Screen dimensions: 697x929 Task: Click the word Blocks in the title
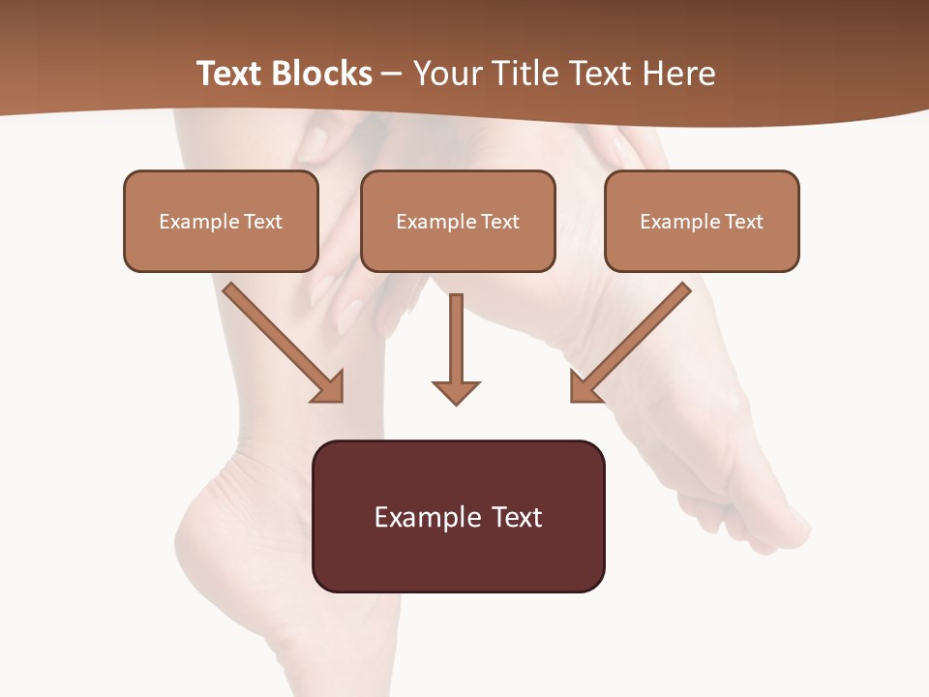(321, 74)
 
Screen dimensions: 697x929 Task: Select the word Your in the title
(446, 74)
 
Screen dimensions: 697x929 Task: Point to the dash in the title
(392, 75)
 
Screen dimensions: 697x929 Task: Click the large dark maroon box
(458, 557)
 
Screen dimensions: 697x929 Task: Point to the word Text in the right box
(742, 222)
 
